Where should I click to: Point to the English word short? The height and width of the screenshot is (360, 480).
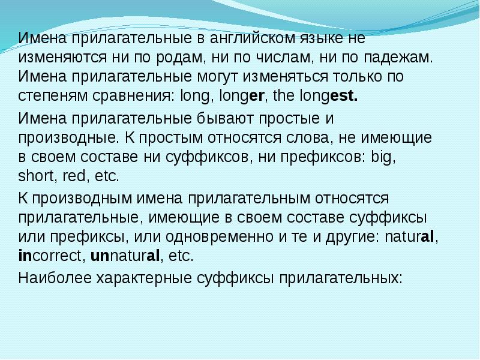[x=34, y=176]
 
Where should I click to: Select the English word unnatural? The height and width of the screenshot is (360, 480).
[x=125, y=256]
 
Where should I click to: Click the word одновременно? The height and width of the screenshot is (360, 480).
[x=227, y=236]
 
